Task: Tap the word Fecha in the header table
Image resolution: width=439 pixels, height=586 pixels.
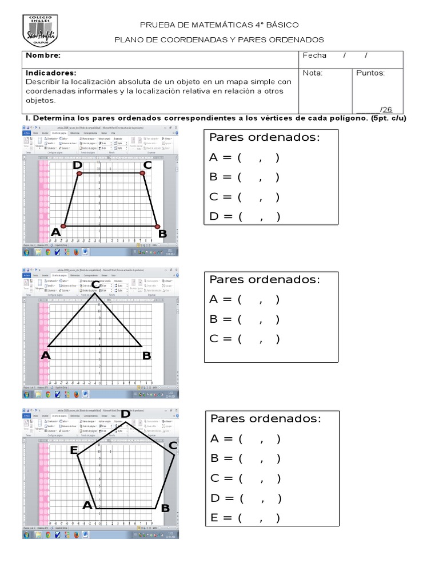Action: tap(314, 56)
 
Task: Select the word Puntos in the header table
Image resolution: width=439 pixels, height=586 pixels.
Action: tap(370, 73)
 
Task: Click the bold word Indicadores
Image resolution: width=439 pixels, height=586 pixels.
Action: tap(51, 73)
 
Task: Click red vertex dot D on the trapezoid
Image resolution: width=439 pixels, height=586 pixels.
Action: tap(79, 173)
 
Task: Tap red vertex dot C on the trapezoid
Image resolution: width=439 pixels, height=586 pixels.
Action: tap(142, 173)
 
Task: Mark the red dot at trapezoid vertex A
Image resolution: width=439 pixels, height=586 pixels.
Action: tap(65, 226)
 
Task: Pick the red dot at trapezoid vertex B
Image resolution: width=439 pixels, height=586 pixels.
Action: tap(158, 227)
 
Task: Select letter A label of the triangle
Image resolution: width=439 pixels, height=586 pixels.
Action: tap(46, 355)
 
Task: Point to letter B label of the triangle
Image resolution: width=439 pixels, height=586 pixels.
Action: tap(146, 356)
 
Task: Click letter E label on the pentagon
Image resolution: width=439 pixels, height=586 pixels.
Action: tap(74, 450)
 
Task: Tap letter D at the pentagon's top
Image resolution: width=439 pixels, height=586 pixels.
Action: tap(124, 414)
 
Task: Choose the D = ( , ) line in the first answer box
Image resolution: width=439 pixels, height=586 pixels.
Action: tap(245, 216)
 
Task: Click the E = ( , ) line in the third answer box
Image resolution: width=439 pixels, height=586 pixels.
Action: tap(245, 518)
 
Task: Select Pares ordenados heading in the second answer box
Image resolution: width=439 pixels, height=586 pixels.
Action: tap(265, 279)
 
